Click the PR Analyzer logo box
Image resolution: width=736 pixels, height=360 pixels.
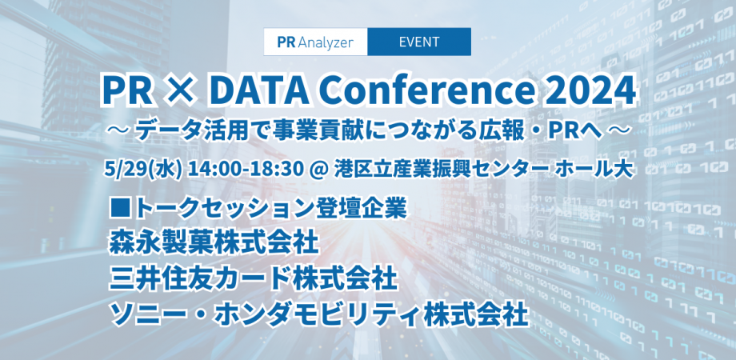coord(315,42)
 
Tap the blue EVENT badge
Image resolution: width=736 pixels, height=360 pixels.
coord(418,42)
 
